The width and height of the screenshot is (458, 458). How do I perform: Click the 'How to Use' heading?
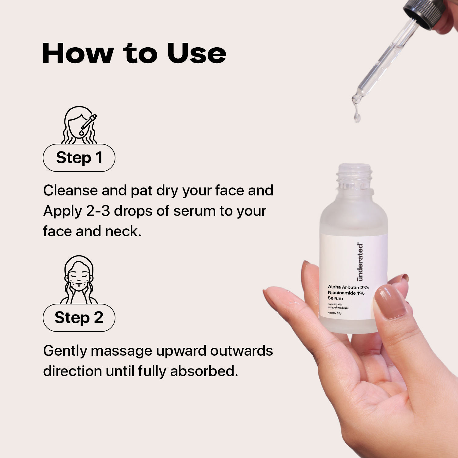tap(134, 53)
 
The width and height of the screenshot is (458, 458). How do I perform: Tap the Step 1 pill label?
tap(79, 158)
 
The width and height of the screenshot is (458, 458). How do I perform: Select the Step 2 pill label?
tap(79, 318)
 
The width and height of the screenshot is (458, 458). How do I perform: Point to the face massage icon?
tap(79, 280)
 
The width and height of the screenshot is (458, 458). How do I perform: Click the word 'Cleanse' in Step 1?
tap(70, 191)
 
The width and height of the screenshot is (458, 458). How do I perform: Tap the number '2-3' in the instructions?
tap(97, 211)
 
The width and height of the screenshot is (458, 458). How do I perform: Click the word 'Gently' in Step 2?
tap(65, 351)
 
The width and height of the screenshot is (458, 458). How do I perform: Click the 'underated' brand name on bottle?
tap(360, 262)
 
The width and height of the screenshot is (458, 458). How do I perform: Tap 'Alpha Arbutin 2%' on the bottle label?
tap(348, 287)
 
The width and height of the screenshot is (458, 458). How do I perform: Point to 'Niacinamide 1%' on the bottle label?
tap(346, 293)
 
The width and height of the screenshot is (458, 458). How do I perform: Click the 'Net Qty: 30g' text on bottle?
tap(334, 313)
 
